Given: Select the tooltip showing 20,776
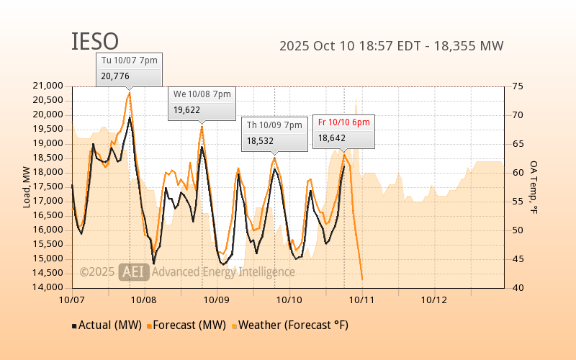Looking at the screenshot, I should pos(129,69).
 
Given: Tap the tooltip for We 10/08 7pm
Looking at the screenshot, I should pos(202,103).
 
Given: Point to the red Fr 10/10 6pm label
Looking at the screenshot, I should pos(343,122).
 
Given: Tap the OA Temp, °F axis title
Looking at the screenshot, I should pos(534,187).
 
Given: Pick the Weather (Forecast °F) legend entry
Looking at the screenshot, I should pos(289,325).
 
